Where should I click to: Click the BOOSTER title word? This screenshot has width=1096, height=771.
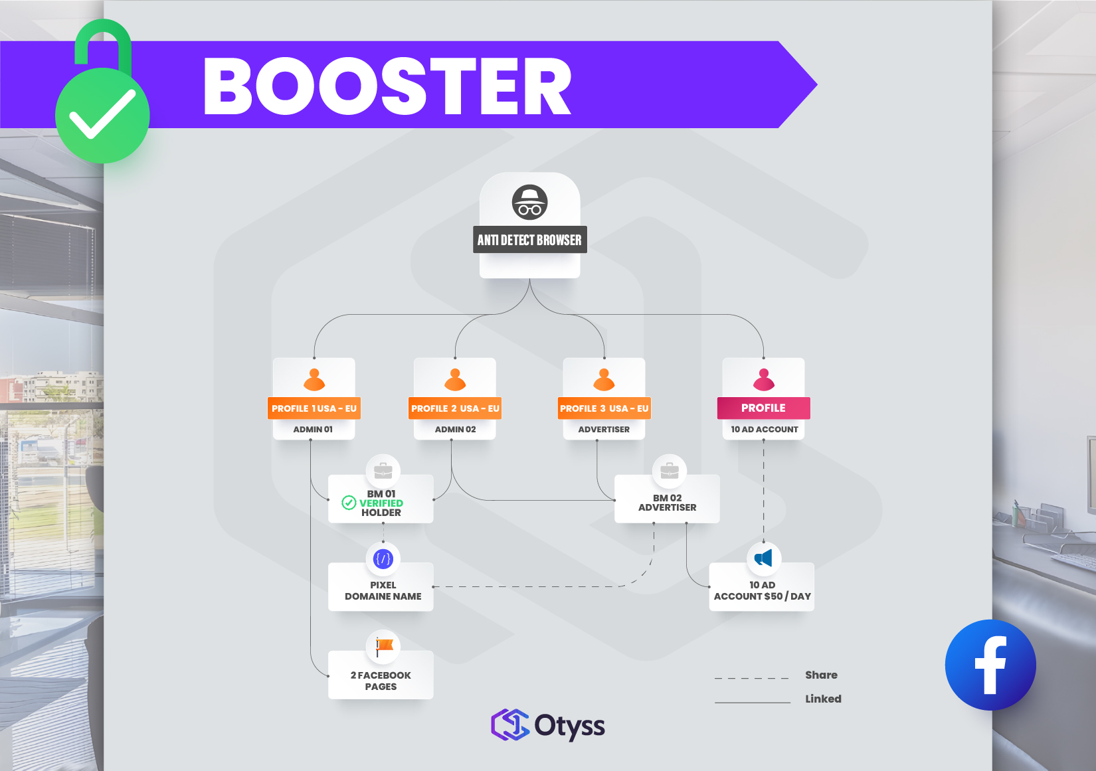click(x=387, y=86)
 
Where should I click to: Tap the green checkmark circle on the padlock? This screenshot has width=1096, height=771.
click(x=102, y=116)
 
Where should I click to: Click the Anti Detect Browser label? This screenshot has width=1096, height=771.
click(x=529, y=240)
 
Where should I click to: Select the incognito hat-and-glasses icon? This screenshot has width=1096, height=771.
click(x=529, y=202)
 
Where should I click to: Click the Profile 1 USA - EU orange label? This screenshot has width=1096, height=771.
click(x=314, y=408)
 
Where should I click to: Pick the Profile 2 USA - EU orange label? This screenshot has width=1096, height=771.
click(x=455, y=408)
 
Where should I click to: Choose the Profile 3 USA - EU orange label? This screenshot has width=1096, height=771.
click(x=604, y=408)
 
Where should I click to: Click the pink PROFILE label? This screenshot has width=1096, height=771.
click(x=763, y=408)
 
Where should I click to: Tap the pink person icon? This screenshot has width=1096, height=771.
click(x=763, y=380)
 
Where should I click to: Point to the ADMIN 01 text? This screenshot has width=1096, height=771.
click(x=313, y=430)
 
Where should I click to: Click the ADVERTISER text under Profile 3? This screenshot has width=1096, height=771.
click(x=604, y=430)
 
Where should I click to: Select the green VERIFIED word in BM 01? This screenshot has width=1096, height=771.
click(x=381, y=503)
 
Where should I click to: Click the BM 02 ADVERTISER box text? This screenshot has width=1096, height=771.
click(x=667, y=503)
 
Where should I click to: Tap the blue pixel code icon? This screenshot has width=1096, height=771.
click(x=383, y=559)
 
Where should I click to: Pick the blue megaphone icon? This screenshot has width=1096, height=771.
click(x=763, y=558)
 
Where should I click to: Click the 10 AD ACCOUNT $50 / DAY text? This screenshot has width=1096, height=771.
click(x=762, y=590)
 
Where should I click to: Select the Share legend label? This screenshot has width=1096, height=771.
click(x=821, y=675)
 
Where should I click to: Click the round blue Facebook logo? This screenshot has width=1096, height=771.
click(x=990, y=665)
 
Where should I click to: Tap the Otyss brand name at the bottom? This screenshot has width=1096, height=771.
click(x=569, y=726)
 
